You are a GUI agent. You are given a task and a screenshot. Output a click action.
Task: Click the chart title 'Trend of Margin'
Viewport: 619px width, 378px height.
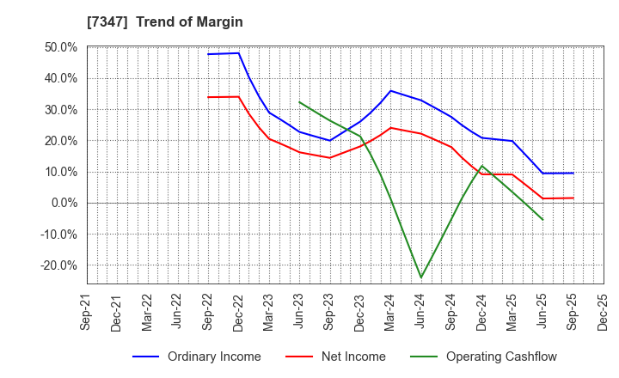click(196, 22)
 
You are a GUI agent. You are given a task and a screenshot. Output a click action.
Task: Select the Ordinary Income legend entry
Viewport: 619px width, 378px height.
click(214, 357)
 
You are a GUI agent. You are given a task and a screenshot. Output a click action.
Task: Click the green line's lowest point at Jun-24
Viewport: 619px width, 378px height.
click(421, 277)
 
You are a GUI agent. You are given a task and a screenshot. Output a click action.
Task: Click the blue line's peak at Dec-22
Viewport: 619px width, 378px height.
click(239, 53)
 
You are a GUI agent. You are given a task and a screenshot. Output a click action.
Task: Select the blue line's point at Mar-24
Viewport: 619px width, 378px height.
click(390, 90)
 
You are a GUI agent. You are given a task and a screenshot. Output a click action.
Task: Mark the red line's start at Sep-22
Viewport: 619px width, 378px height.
click(208, 97)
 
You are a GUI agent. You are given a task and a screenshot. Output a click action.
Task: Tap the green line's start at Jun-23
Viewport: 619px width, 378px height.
click(299, 102)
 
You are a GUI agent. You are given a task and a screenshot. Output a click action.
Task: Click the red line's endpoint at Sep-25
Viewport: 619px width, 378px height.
click(573, 198)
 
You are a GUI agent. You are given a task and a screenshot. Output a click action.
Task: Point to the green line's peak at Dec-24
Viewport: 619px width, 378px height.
click(481, 166)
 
